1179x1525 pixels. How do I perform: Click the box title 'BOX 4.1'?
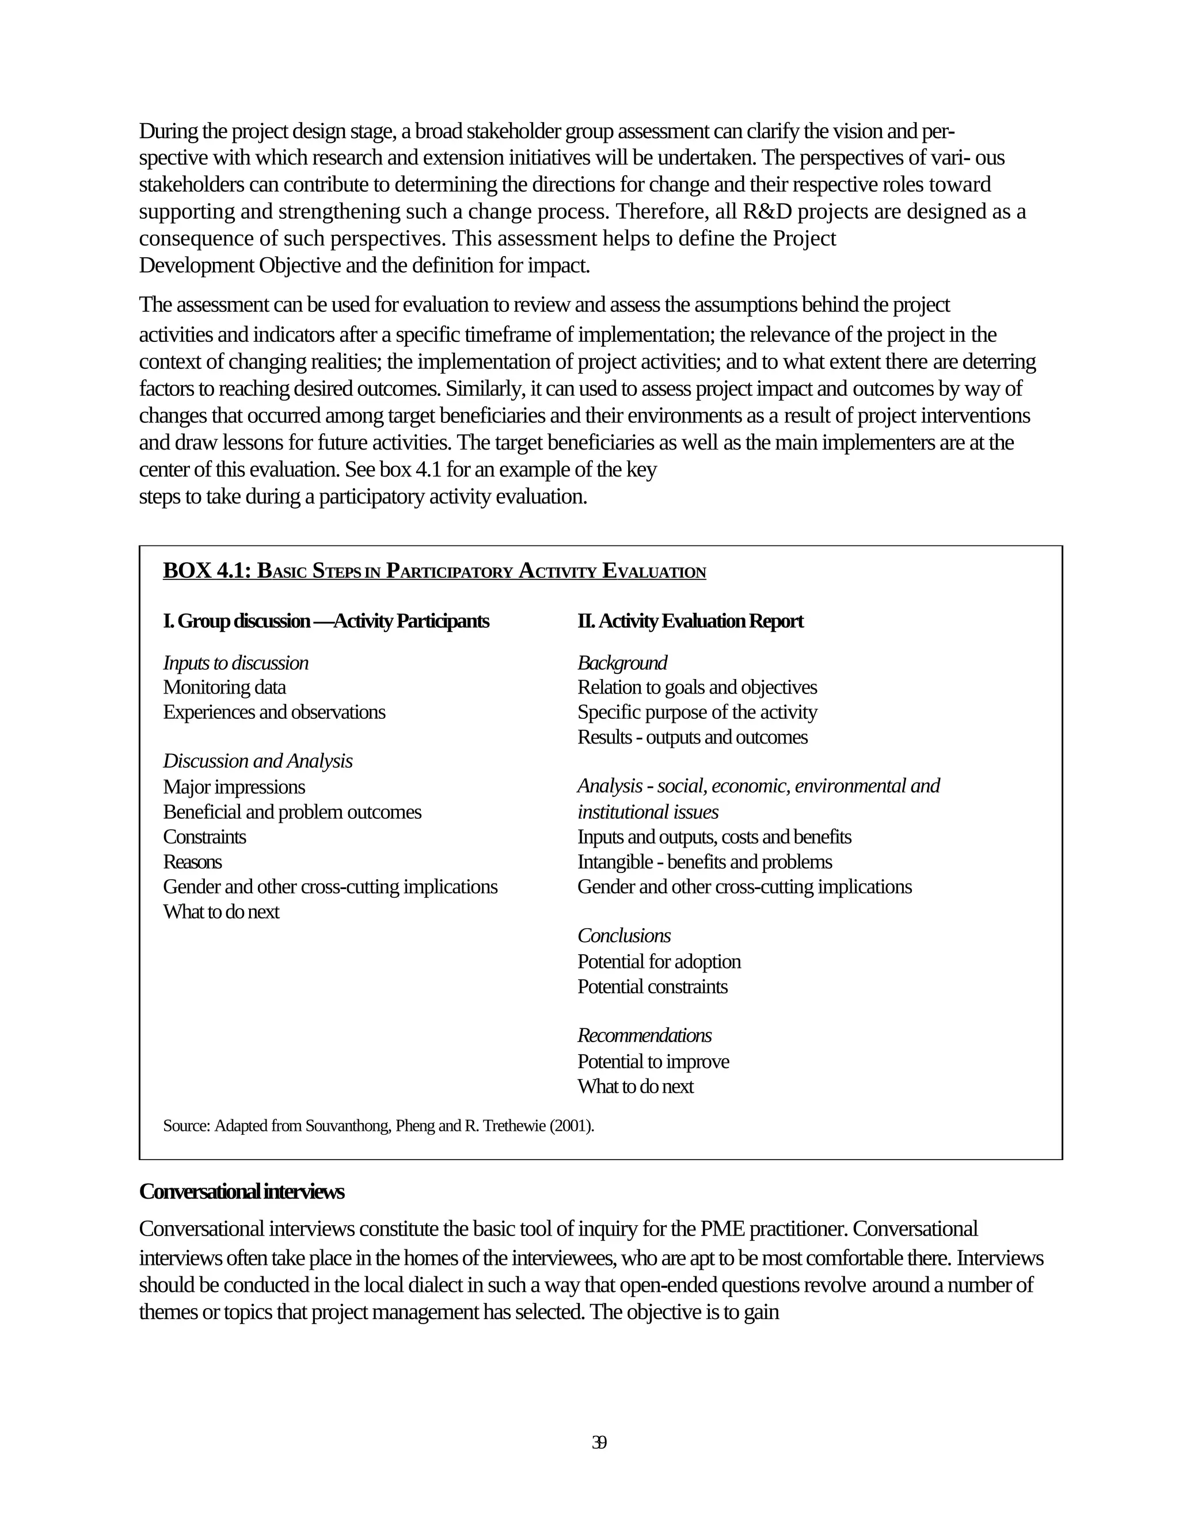(206, 570)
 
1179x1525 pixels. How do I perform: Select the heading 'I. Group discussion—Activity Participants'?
(326, 621)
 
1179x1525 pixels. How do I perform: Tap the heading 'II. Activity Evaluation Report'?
(690, 621)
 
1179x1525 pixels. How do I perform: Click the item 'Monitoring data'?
(224, 687)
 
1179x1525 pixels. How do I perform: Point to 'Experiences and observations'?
(274, 712)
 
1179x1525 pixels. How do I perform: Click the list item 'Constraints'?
(204, 837)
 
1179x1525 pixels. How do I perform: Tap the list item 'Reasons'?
(192, 861)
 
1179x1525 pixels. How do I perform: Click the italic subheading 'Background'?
(622, 662)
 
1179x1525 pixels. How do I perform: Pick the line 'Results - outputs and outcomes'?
(692, 737)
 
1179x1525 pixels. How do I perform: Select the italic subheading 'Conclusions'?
(623, 936)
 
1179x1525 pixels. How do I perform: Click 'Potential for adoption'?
(659, 962)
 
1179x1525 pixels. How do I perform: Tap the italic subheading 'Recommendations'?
(644, 1035)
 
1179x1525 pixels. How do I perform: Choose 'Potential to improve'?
(653, 1061)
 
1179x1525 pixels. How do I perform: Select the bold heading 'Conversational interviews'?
(242, 1191)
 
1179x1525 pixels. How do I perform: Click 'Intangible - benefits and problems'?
(705, 861)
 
